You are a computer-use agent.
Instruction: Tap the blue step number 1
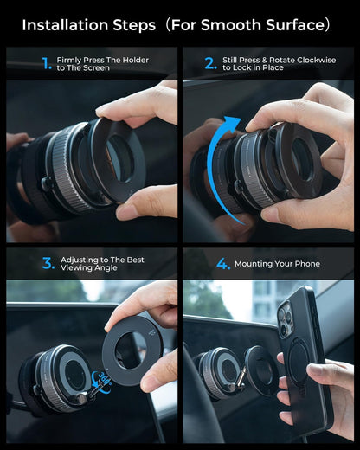coord(47,63)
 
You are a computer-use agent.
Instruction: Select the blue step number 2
coord(210,63)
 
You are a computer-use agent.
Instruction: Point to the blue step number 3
coord(48,263)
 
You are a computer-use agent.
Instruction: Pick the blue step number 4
coord(223,263)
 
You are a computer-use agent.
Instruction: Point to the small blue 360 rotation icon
coord(104,378)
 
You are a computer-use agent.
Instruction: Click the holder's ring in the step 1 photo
coord(113,160)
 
